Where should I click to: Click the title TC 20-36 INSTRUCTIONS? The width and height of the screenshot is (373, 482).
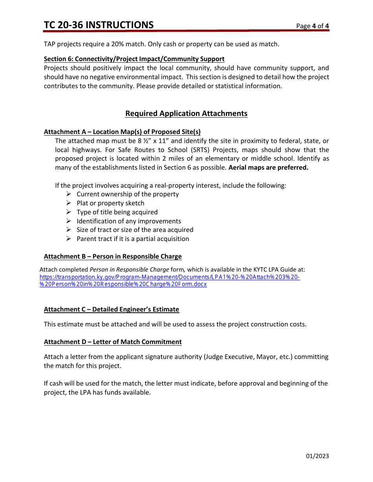coord(99,25)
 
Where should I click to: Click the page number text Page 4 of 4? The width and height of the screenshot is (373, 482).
coord(313,26)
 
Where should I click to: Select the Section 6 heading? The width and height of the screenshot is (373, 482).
coord(134,59)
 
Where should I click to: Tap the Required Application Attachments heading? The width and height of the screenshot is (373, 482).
coord(186,114)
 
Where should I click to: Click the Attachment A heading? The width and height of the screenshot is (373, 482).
coord(122,132)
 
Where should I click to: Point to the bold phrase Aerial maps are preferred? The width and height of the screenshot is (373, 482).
coord(269,168)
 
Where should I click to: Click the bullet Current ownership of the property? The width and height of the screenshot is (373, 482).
coord(128,194)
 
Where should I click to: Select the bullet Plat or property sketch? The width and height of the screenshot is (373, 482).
coord(110,203)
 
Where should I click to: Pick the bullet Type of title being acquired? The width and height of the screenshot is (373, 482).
coord(117,212)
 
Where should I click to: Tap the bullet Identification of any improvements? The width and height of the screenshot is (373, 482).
coord(129,221)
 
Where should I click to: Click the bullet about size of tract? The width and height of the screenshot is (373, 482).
coord(135,230)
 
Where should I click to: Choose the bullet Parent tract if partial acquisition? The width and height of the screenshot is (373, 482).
coord(133,239)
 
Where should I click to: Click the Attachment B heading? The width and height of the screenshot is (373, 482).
coord(113,257)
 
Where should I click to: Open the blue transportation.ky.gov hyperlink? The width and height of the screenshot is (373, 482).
coord(170,277)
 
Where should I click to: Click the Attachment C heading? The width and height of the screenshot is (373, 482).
coord(112,310)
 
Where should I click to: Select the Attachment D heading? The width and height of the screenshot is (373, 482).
coord(113,342)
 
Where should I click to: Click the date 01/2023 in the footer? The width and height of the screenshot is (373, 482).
coord(318,456)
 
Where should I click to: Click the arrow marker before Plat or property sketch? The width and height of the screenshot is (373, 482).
coord(68,203)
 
